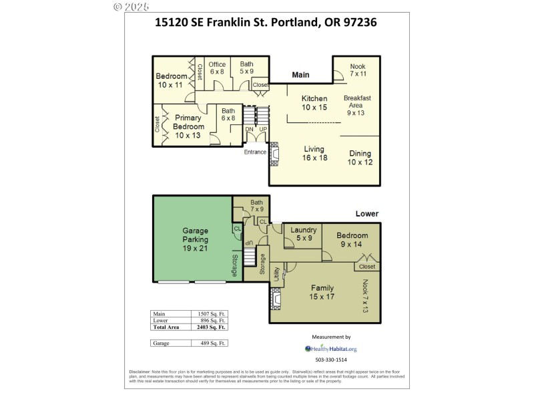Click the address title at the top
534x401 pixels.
266,22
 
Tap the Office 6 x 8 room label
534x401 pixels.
217,68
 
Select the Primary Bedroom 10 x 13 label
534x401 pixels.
188,126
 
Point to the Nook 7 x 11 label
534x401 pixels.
358,70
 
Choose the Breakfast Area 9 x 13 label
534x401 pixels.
356,105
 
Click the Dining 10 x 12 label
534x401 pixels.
360,158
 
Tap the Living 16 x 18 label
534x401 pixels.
314,154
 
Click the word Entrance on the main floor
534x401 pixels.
254,152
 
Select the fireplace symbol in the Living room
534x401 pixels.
274,154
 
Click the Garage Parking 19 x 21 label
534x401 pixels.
196,239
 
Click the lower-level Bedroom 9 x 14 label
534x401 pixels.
352,240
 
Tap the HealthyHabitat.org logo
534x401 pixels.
331,349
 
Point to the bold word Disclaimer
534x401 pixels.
141,372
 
